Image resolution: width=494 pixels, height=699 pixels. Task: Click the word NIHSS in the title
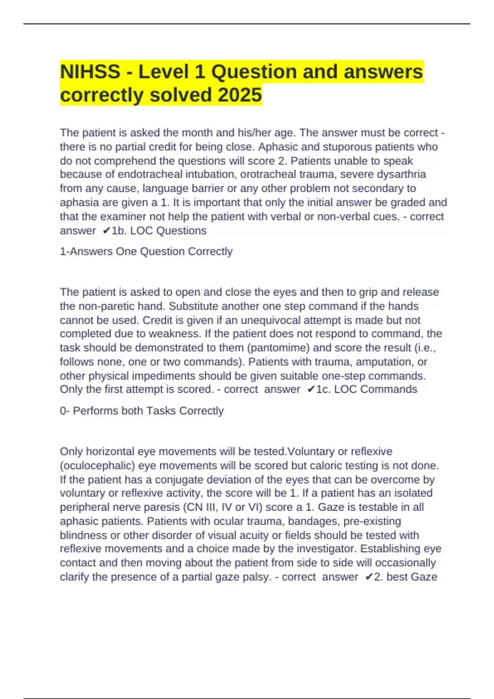tap(90, 72)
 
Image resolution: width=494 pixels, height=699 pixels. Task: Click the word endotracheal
tap(150, 174)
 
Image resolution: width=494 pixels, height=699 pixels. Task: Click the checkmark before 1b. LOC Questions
tap(106, 231)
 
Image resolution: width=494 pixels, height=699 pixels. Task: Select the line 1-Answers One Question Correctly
tap(146, 251)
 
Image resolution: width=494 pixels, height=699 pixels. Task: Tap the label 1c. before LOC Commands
tap(323, 389)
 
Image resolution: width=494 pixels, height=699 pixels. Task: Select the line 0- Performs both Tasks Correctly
tap(142, 411)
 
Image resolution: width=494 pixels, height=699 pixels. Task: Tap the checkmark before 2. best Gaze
tap(368, 577)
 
